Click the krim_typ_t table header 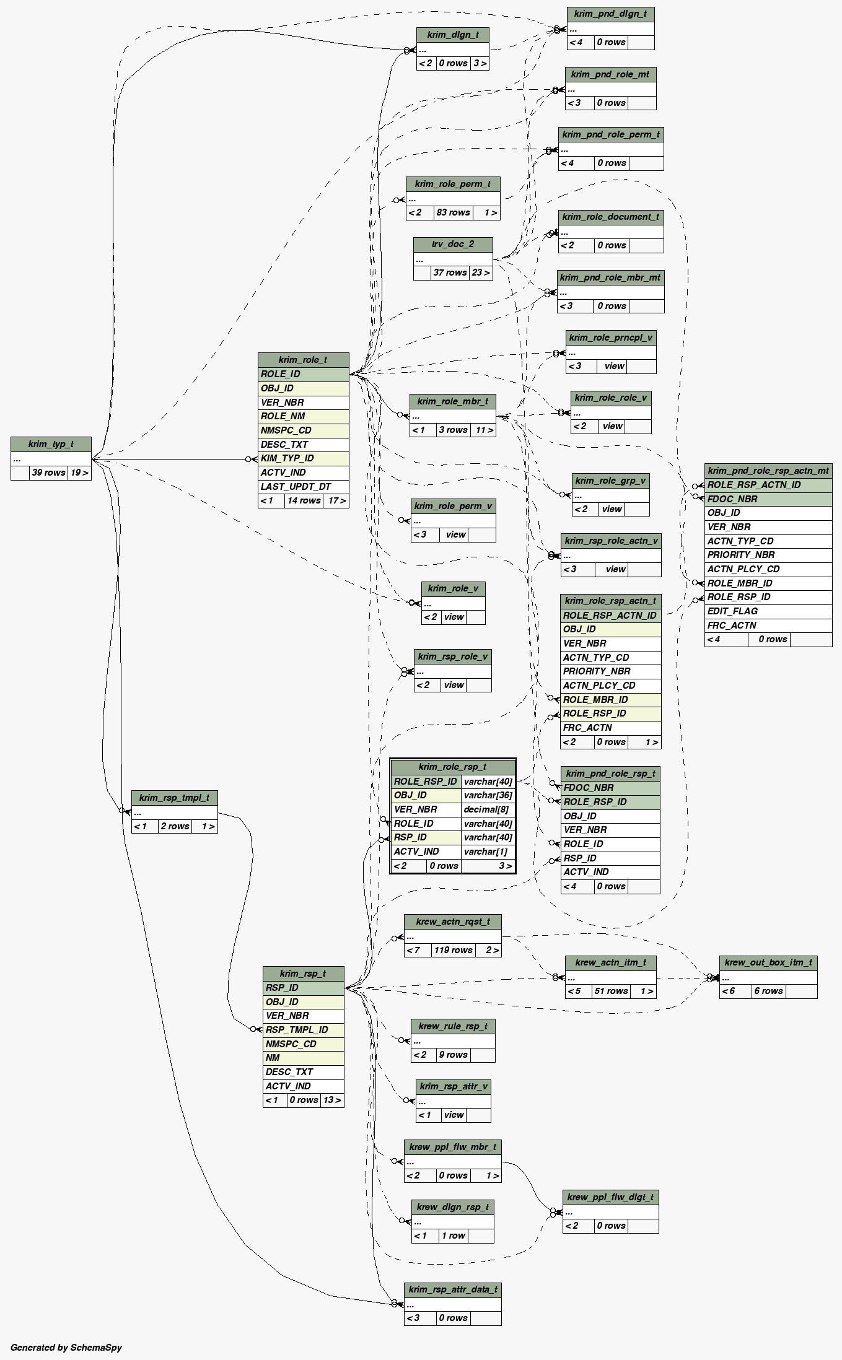point(51,444)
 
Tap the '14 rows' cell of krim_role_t point(304,500)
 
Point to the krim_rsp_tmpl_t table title point(174,798)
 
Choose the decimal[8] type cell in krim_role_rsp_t point(487,809)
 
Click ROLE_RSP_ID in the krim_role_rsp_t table point(426,782)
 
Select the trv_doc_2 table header point(453,244)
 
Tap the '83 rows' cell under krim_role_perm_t point(453,212)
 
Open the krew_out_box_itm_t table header point(768,962)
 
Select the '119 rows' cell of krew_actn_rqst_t point(453,950)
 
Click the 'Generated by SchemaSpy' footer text point(66,1347)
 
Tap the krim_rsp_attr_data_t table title point(452,1289)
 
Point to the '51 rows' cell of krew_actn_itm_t point(611,991)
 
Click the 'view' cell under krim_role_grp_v point(612,509)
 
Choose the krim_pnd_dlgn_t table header point(610,14)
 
